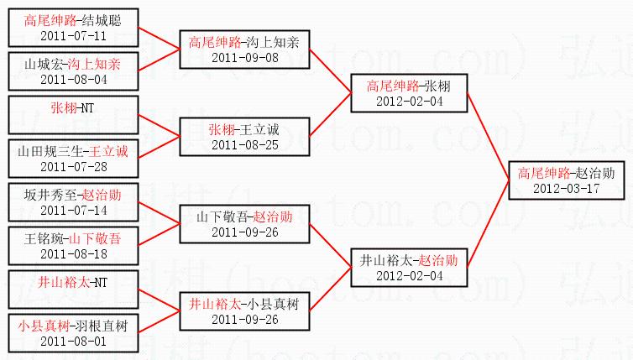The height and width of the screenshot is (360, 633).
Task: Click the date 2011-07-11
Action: (x=73, y=36)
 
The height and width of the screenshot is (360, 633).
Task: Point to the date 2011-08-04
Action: (x=73, y=79)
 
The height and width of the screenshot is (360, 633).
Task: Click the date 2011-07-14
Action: (x=73, y=210)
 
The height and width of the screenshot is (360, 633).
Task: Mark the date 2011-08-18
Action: (x=73, y=253)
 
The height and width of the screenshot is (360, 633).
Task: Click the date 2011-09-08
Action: (x=244, y=57)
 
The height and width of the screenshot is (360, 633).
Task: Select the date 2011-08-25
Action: (x=244, y=144)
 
